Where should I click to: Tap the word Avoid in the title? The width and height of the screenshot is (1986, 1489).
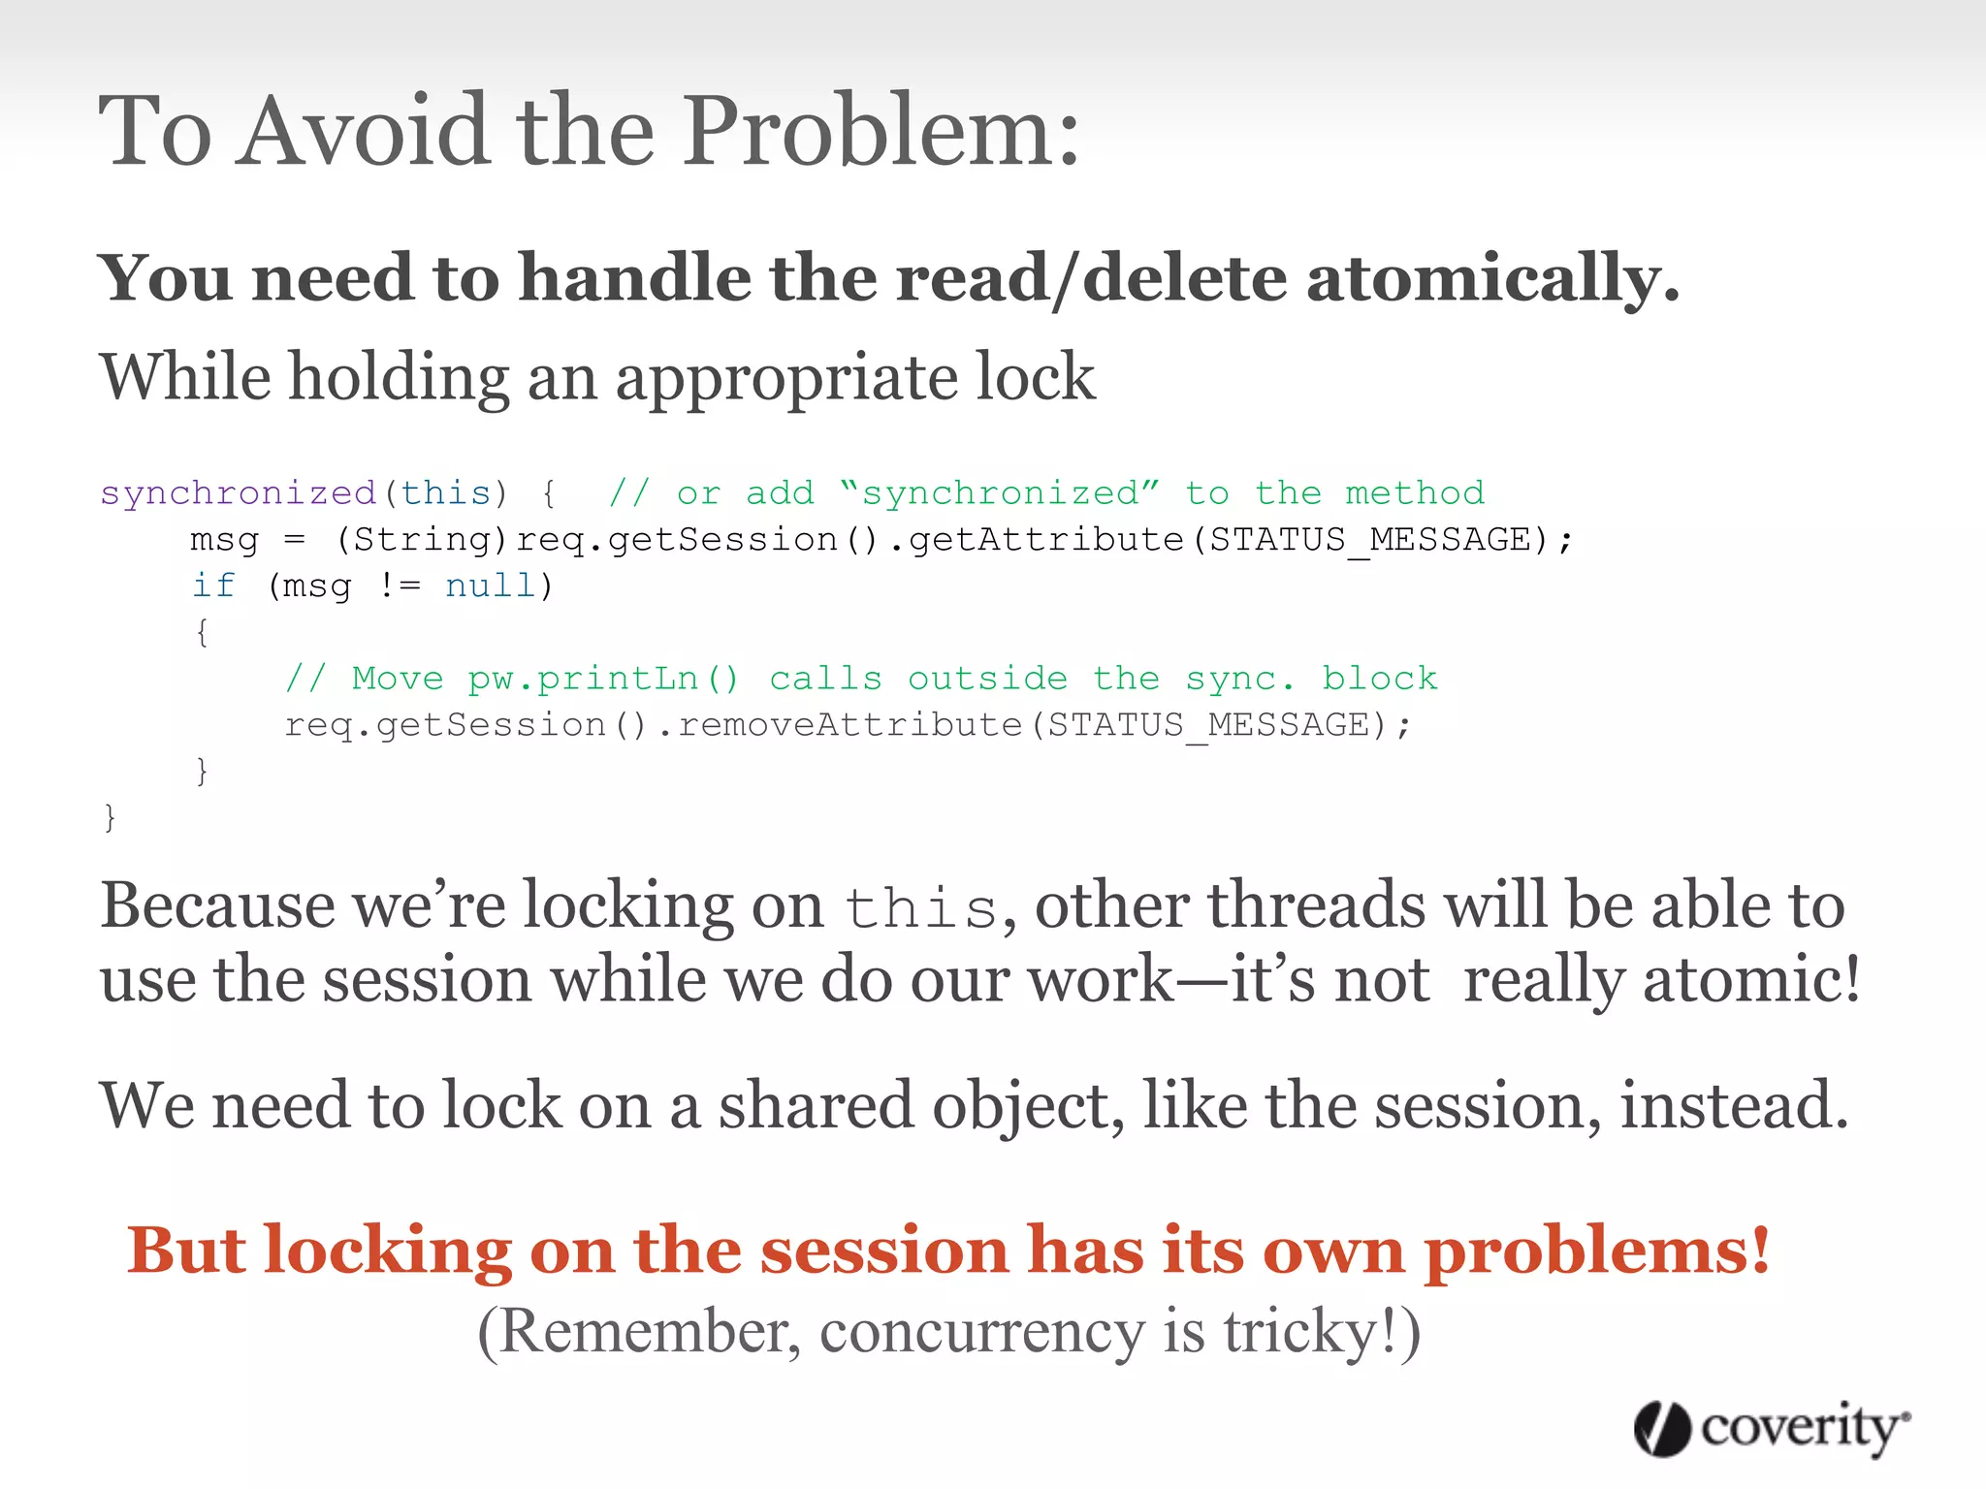[365, 131]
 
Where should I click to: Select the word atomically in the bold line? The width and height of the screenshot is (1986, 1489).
[1492, 279]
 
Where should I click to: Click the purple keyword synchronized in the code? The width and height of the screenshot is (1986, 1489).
[239, 492]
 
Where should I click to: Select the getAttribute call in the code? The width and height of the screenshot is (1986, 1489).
[1046, 539]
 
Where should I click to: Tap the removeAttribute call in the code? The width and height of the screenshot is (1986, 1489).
[849, 725]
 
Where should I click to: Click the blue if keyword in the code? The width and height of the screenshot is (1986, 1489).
[213, 586]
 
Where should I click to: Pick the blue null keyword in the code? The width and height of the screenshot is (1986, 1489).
[490, 586]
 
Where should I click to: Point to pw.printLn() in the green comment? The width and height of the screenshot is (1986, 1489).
[603, 679]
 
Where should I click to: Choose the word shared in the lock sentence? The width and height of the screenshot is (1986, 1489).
[816, 1106]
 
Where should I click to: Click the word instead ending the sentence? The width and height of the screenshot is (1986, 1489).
[1734, 1106]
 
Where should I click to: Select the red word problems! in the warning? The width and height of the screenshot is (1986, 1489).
[1596, 1251]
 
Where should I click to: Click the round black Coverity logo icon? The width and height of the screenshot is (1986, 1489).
[1662, 1429]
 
